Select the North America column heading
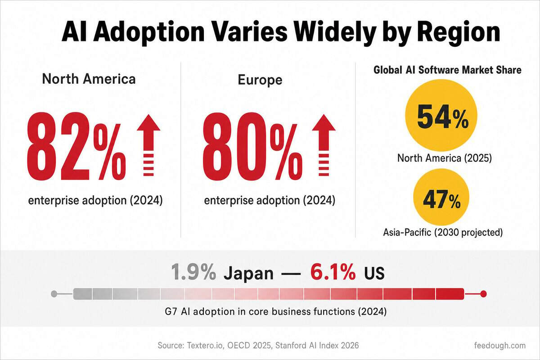[x=89, y=79]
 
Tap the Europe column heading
[x=260, y=80]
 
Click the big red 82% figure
[x=76, y=147]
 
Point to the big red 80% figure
[x=252, y=147]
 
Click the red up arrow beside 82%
[x=148, y=145]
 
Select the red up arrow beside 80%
[x=324, y=145]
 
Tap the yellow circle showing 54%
[x=441, y=115]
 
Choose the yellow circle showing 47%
[x=441, y=197]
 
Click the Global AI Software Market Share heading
[x=447, y=70]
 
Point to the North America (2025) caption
[x=444, y=158]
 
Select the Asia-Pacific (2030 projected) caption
[x=443, y=233]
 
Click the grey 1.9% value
[x=193, y=272]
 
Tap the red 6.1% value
[x=333, y=272]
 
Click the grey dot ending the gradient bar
[x=54, y=294]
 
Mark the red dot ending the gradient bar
[x=483, y=294]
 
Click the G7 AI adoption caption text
[x=275, y=312]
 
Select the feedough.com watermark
[x=500, y=346]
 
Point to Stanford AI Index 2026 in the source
[x=317, y=346]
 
